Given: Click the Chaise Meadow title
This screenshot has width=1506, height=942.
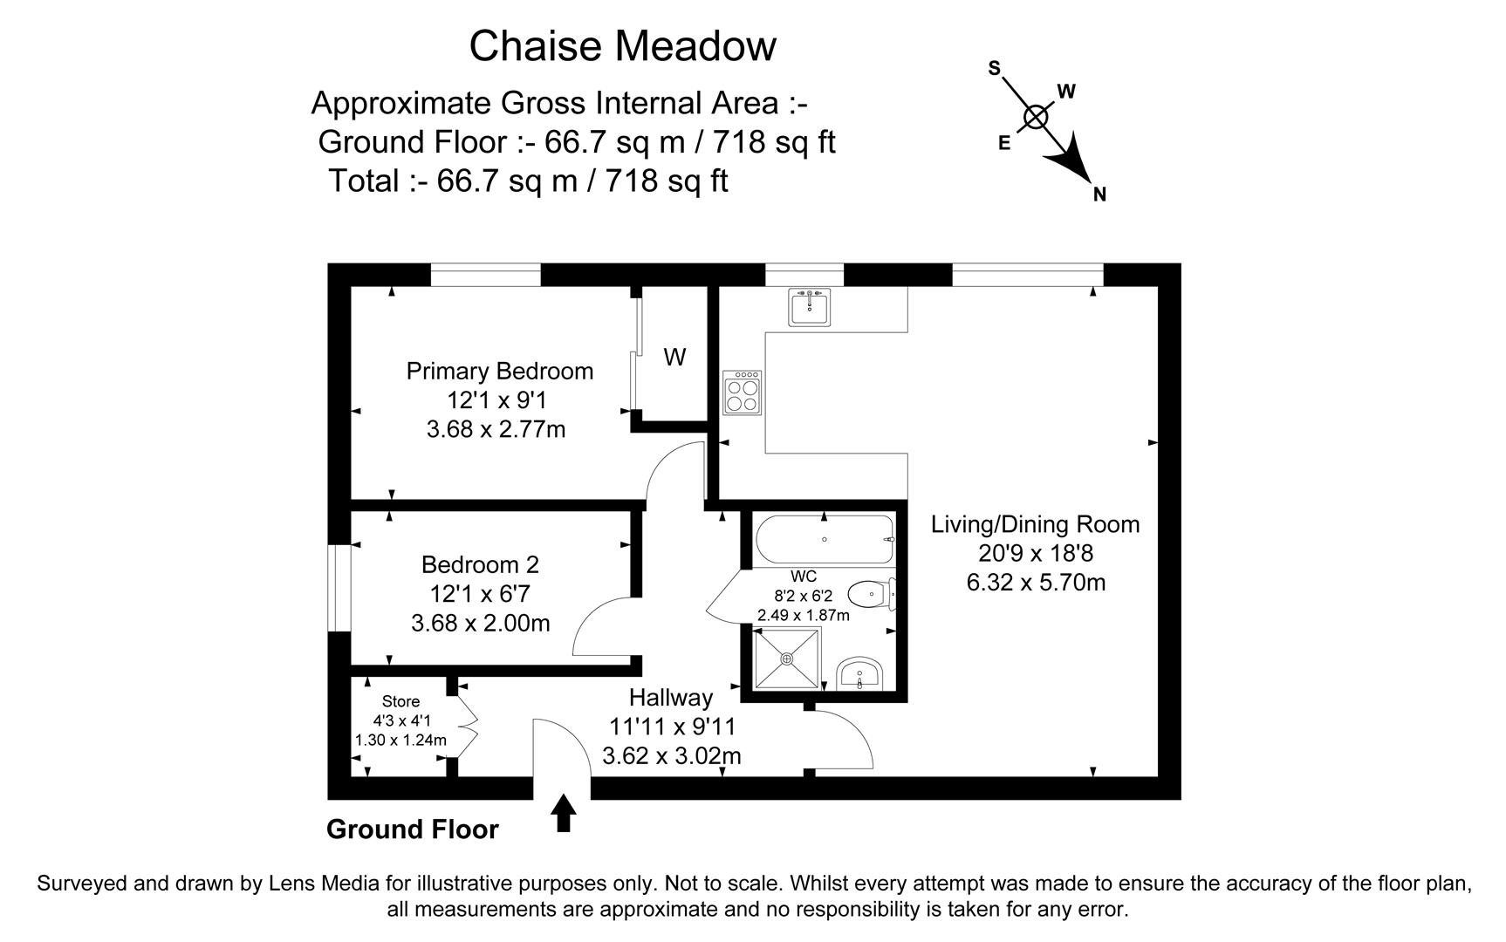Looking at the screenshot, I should [622, 46].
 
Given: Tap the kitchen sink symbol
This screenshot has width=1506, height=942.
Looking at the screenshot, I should [810, 307].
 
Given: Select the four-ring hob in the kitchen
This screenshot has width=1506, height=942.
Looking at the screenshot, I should [742, 392].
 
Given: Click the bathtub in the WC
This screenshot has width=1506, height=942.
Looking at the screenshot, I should [825, 540].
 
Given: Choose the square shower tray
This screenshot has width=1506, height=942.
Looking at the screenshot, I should [787, 659].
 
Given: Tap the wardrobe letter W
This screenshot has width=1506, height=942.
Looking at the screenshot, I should [674, 357].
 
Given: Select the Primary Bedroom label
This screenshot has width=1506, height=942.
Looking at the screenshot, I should [500, 372].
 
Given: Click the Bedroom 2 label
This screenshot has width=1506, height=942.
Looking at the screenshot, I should [480, 564].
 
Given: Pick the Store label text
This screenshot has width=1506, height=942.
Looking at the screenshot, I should [400, 701].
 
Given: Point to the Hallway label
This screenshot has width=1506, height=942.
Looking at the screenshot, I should [671, 698].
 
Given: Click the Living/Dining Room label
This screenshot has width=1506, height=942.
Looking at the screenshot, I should [1035, 524].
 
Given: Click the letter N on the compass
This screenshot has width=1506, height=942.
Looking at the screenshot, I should [1099, 195].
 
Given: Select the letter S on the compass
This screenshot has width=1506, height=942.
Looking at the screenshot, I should [994, 68].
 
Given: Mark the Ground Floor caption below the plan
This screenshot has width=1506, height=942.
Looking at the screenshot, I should [412, 829].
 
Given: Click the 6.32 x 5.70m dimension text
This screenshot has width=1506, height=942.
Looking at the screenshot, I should [1036, 582].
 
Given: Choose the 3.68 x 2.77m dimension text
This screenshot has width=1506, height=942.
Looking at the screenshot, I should [496, 429].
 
